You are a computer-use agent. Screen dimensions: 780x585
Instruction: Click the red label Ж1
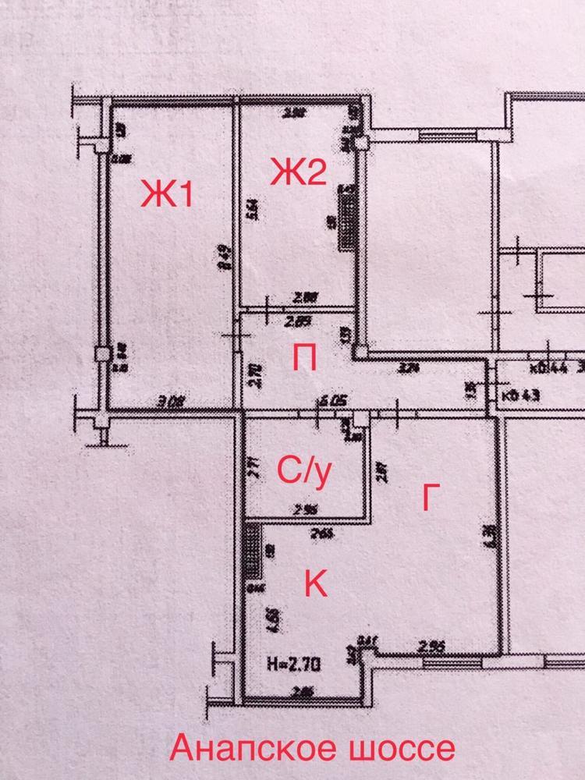pos(165,194)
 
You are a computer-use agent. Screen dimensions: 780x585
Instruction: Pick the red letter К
pos(315,583)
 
